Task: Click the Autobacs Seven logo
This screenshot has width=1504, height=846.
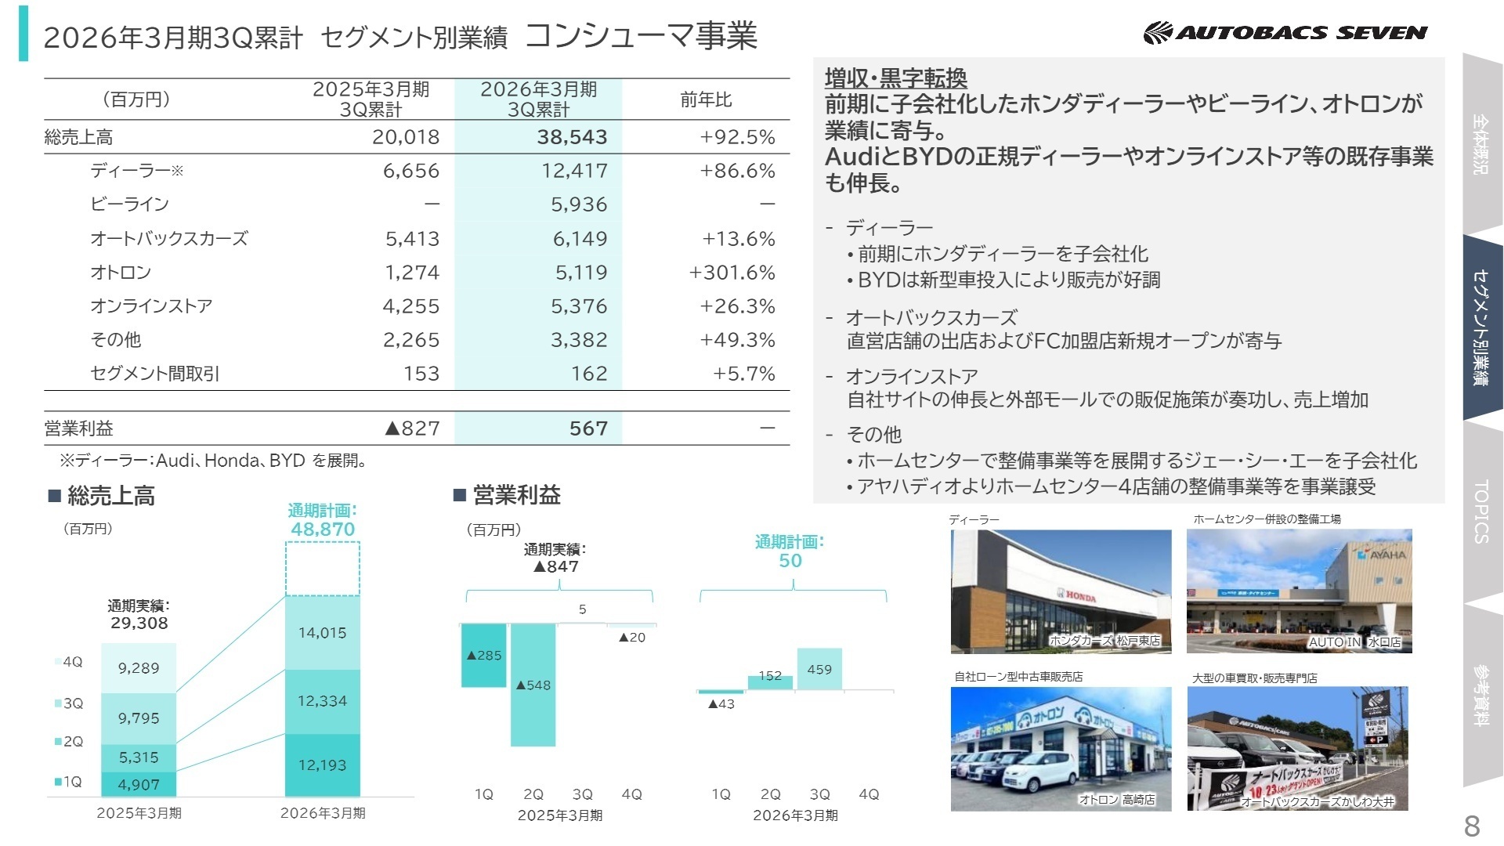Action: [1285, 33]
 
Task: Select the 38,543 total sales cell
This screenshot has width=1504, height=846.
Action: [572, 137]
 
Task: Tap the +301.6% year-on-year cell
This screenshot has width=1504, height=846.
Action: [732, 273]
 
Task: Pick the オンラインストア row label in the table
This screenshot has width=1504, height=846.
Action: [151, 306]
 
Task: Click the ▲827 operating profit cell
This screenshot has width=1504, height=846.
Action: [412, 428]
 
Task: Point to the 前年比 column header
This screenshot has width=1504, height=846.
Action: [706, 99]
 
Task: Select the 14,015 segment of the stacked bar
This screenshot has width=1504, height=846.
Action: [322, 633]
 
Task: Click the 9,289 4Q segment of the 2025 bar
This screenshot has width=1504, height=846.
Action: [139, 668]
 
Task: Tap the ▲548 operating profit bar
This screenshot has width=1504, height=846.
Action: [533, 685]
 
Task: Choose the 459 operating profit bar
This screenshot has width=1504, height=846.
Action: [819, 669]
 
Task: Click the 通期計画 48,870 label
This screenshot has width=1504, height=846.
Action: [322, 521]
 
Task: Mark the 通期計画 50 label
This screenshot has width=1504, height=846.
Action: [790, 551]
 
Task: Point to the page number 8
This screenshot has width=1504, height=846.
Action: [1472, 826]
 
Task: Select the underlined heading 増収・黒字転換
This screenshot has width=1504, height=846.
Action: [895, 78]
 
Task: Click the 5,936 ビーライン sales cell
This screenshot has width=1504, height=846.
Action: [579, 204]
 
